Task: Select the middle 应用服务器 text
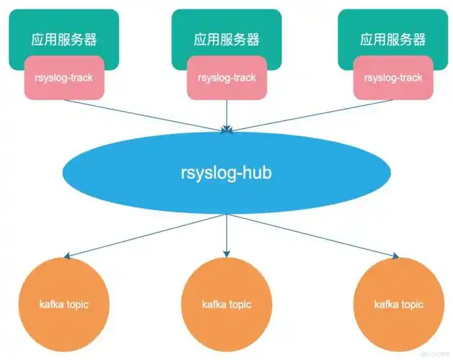(x=226, y=38)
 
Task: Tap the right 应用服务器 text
(x=393, y=38)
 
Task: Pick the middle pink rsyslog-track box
(x=226, y=77)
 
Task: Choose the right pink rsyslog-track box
(x=393, y=77)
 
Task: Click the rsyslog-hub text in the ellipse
(x=226, y=172)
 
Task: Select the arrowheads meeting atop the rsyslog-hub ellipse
(x=227, y=129)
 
